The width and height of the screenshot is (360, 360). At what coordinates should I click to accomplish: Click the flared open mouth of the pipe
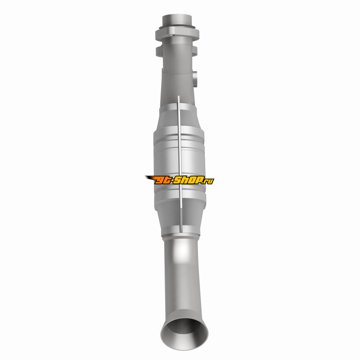point(184,333)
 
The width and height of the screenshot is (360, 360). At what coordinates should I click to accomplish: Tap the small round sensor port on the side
point(195,79)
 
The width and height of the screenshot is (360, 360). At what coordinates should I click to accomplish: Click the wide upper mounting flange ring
point(177,33)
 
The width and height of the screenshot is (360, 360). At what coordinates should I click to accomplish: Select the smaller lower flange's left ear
point(159,51)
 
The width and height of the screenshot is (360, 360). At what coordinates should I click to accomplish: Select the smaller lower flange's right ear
point(195,51)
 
